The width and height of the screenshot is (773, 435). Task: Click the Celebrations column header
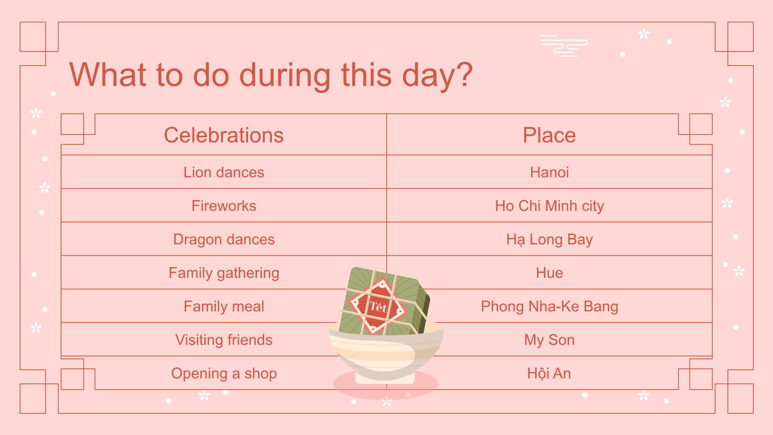(x=224, y=135)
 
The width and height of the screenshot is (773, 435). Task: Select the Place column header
(x=549, y=135)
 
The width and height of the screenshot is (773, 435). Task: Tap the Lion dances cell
(x=224, y=172)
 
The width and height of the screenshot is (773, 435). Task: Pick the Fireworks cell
(x=224, y=206)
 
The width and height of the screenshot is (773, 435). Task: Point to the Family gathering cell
(x=224, y=273)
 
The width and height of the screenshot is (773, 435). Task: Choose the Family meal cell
(x=224, y=306)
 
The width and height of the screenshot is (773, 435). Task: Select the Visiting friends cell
(x=224, y=340)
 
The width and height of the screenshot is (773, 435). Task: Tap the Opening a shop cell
(x=224, y=373)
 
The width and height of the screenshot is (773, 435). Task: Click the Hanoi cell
(x=549, y=172)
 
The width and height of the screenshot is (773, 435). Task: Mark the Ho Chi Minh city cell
(x=549, y=206)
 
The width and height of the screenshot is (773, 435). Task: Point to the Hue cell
(x=549, y=273)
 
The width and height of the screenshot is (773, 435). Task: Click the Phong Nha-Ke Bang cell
(x=549, y=306)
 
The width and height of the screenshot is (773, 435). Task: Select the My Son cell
(x=549, y=340)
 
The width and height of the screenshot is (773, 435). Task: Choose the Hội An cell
(x=549, y=373)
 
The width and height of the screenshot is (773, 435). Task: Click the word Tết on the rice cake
(x=379, y=306)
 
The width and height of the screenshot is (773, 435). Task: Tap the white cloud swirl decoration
(x=564, y=46)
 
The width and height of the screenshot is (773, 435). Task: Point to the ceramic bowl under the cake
(x=386, y=354)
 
